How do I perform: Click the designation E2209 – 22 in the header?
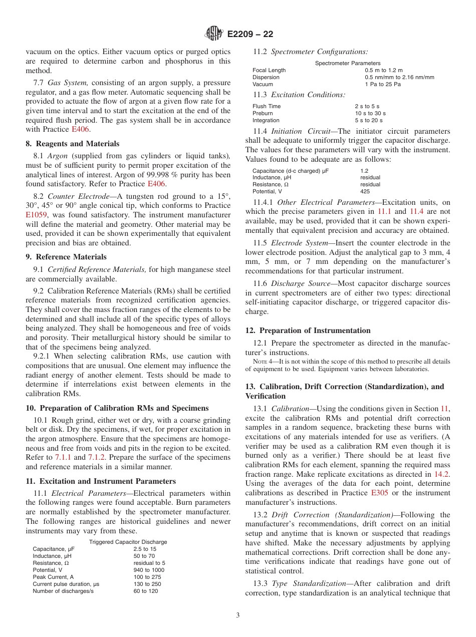pyautogui.click(x=250, y=35)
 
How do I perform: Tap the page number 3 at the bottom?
pyautogui.click(x=238, y=615)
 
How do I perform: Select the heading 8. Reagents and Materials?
pyautogui.click(x=72, y=144)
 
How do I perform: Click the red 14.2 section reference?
pyautogui.click(x=441, y=474)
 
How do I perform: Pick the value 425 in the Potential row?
pyautogui.click(x=365, y=191)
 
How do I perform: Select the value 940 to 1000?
pyautogui.click(x=148, y=570)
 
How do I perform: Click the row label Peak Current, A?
pyautogui.click(x=54, y=577)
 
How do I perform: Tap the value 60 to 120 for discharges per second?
pyautogui.click(x=145, y=591)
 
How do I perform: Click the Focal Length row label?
pyautogui.click(x=269, y=70)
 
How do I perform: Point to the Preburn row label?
pyautogui.click(x=263, y=113)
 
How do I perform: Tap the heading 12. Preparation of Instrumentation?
pyautogui.click(x=308, y=331)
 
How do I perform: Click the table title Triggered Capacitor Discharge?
pyautogui.click(x=128, y=542)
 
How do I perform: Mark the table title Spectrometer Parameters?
pyautogui.click(x=347, y=63)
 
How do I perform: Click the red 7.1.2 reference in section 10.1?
pyautogui.click(x=97, y=458)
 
